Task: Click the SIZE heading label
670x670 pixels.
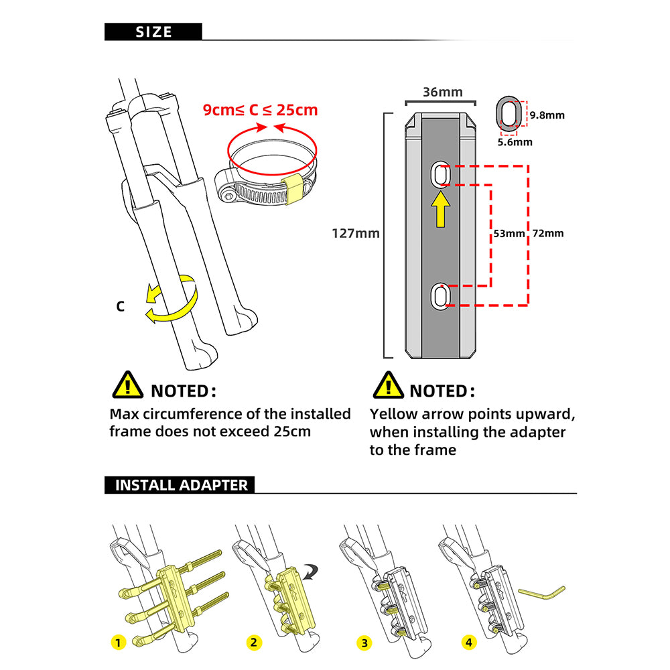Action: [x=153, y=31]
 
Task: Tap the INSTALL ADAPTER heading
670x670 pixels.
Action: [x=181, y=485]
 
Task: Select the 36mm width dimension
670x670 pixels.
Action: [x=441, y=92]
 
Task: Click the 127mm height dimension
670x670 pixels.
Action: [x=356, y=234]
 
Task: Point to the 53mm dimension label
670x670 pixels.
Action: [x=508, y=234]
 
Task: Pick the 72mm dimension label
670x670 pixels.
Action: [x=547, y=234]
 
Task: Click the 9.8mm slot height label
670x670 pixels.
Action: [x=547, y=115]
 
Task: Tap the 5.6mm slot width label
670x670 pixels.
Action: [x=515, y=141]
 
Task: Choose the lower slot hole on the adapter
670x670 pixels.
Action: [x=440, y=295]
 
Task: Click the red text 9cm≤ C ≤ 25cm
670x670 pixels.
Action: [x=261, y=109]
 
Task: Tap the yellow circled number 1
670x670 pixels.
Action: [x=119, y=643]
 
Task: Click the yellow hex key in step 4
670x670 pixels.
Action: [x=541, y=594]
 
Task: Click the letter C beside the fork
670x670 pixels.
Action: [x=120, y=307]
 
